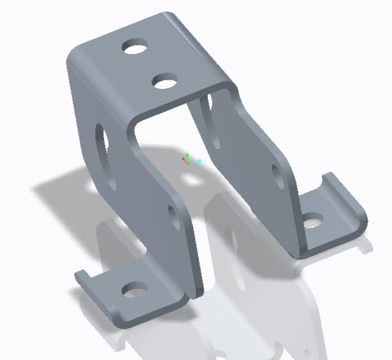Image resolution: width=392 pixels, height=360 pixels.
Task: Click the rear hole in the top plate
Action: click(x=136, y=47)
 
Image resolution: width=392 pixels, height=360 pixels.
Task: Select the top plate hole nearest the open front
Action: click(x=165, y=82)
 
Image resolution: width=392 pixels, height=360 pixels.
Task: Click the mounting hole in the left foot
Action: click(x=134, y=291)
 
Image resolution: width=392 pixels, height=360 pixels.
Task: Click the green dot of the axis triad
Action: click(x=187, y=155)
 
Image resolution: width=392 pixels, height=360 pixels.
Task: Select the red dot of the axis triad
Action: click(x=184, y=160)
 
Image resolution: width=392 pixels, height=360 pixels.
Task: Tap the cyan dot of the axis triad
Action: click(x=199, y=161)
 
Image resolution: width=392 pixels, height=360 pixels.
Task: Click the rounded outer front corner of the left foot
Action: click(x=121, y=323)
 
